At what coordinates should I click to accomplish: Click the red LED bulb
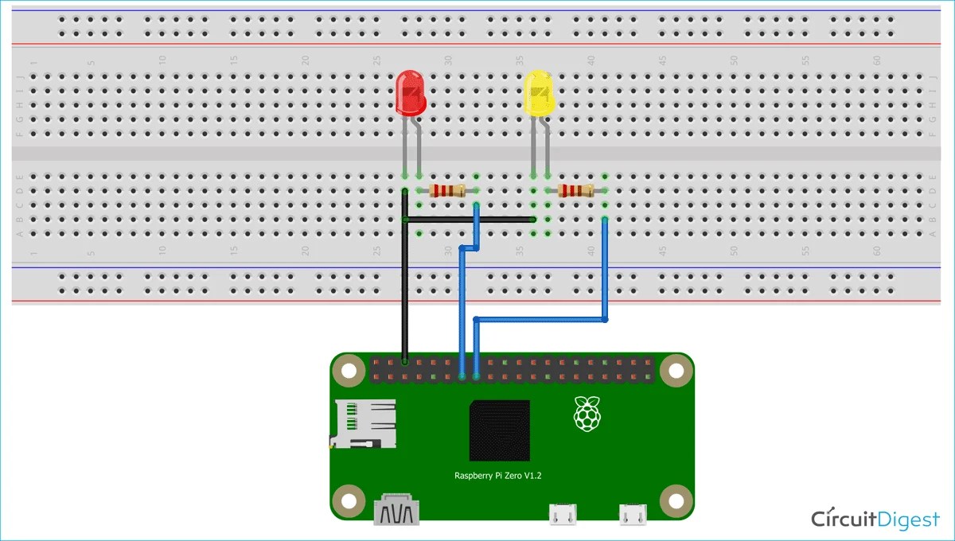411,91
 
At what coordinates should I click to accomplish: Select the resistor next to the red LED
447,190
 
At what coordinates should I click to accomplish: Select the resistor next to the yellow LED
576,190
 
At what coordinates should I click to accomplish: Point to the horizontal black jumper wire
470,219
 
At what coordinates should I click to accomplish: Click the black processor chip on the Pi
500,430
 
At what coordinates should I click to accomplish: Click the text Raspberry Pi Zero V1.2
498,475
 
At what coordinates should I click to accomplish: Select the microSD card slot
364,423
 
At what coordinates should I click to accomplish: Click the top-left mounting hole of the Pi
347,370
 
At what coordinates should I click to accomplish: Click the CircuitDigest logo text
875,519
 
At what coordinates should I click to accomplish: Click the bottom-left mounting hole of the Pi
347,501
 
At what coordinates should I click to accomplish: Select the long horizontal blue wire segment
540,320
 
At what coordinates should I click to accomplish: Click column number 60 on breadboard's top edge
876,60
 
